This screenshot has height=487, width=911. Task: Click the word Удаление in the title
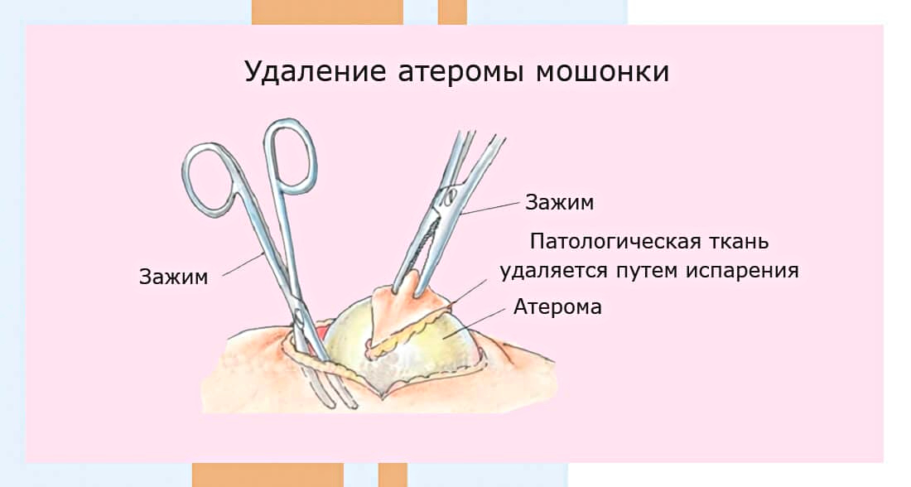(315, 72)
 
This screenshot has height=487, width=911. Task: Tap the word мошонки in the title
(602, 72)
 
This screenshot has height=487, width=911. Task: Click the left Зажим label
(174, 277)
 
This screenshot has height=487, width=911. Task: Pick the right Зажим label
(560, 202)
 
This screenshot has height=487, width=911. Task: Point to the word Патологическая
(615, 241)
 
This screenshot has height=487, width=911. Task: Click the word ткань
(740, 241)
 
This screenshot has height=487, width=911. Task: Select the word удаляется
(554, 271)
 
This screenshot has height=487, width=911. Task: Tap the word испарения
(743, 271)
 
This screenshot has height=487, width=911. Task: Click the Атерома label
(557, 306)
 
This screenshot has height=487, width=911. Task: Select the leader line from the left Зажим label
(244, 264)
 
